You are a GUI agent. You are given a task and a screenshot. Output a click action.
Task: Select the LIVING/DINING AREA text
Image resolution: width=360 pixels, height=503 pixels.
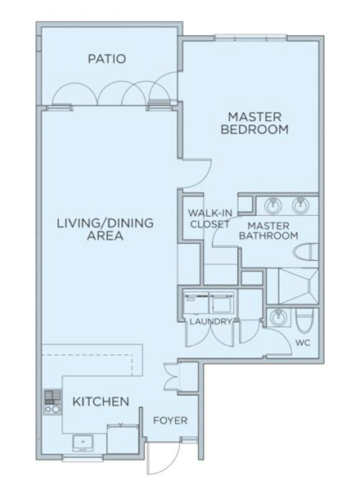coord(106,229)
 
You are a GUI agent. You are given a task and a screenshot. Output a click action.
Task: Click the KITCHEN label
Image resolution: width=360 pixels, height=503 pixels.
coord(101,402)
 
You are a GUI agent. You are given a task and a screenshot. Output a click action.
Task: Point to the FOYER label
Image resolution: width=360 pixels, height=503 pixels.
coord(170,420)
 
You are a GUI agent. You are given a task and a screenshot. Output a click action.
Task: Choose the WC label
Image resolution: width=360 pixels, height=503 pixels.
coord(303,343)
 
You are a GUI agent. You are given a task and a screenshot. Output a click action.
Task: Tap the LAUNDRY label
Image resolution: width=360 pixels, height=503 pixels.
coord(210,321)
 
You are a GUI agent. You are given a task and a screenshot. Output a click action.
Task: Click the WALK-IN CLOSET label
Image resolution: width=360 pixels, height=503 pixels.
coord(209,218)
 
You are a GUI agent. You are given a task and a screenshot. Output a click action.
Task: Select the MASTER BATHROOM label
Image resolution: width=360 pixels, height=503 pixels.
coord(268,231)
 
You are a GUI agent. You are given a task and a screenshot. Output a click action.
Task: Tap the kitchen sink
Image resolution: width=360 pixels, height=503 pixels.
coord(83,443)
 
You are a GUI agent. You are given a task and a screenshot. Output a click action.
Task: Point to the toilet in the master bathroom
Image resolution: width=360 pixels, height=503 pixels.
coord(306,252)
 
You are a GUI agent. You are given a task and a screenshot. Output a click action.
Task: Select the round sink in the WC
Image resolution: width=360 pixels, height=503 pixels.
coord(277,318)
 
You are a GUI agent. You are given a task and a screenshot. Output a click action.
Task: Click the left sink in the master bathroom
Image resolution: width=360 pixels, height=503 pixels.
coord(273,205)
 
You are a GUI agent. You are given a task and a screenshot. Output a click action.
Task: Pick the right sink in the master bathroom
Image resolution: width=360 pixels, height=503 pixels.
coord(300,205)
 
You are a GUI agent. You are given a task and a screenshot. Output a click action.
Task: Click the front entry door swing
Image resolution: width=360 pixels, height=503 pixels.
coord(163,458)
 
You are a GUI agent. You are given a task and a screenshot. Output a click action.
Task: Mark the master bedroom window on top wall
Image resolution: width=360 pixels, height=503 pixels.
coord(250,38)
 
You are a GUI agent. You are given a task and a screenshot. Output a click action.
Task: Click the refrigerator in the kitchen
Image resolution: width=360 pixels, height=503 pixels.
coord(123,439)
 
